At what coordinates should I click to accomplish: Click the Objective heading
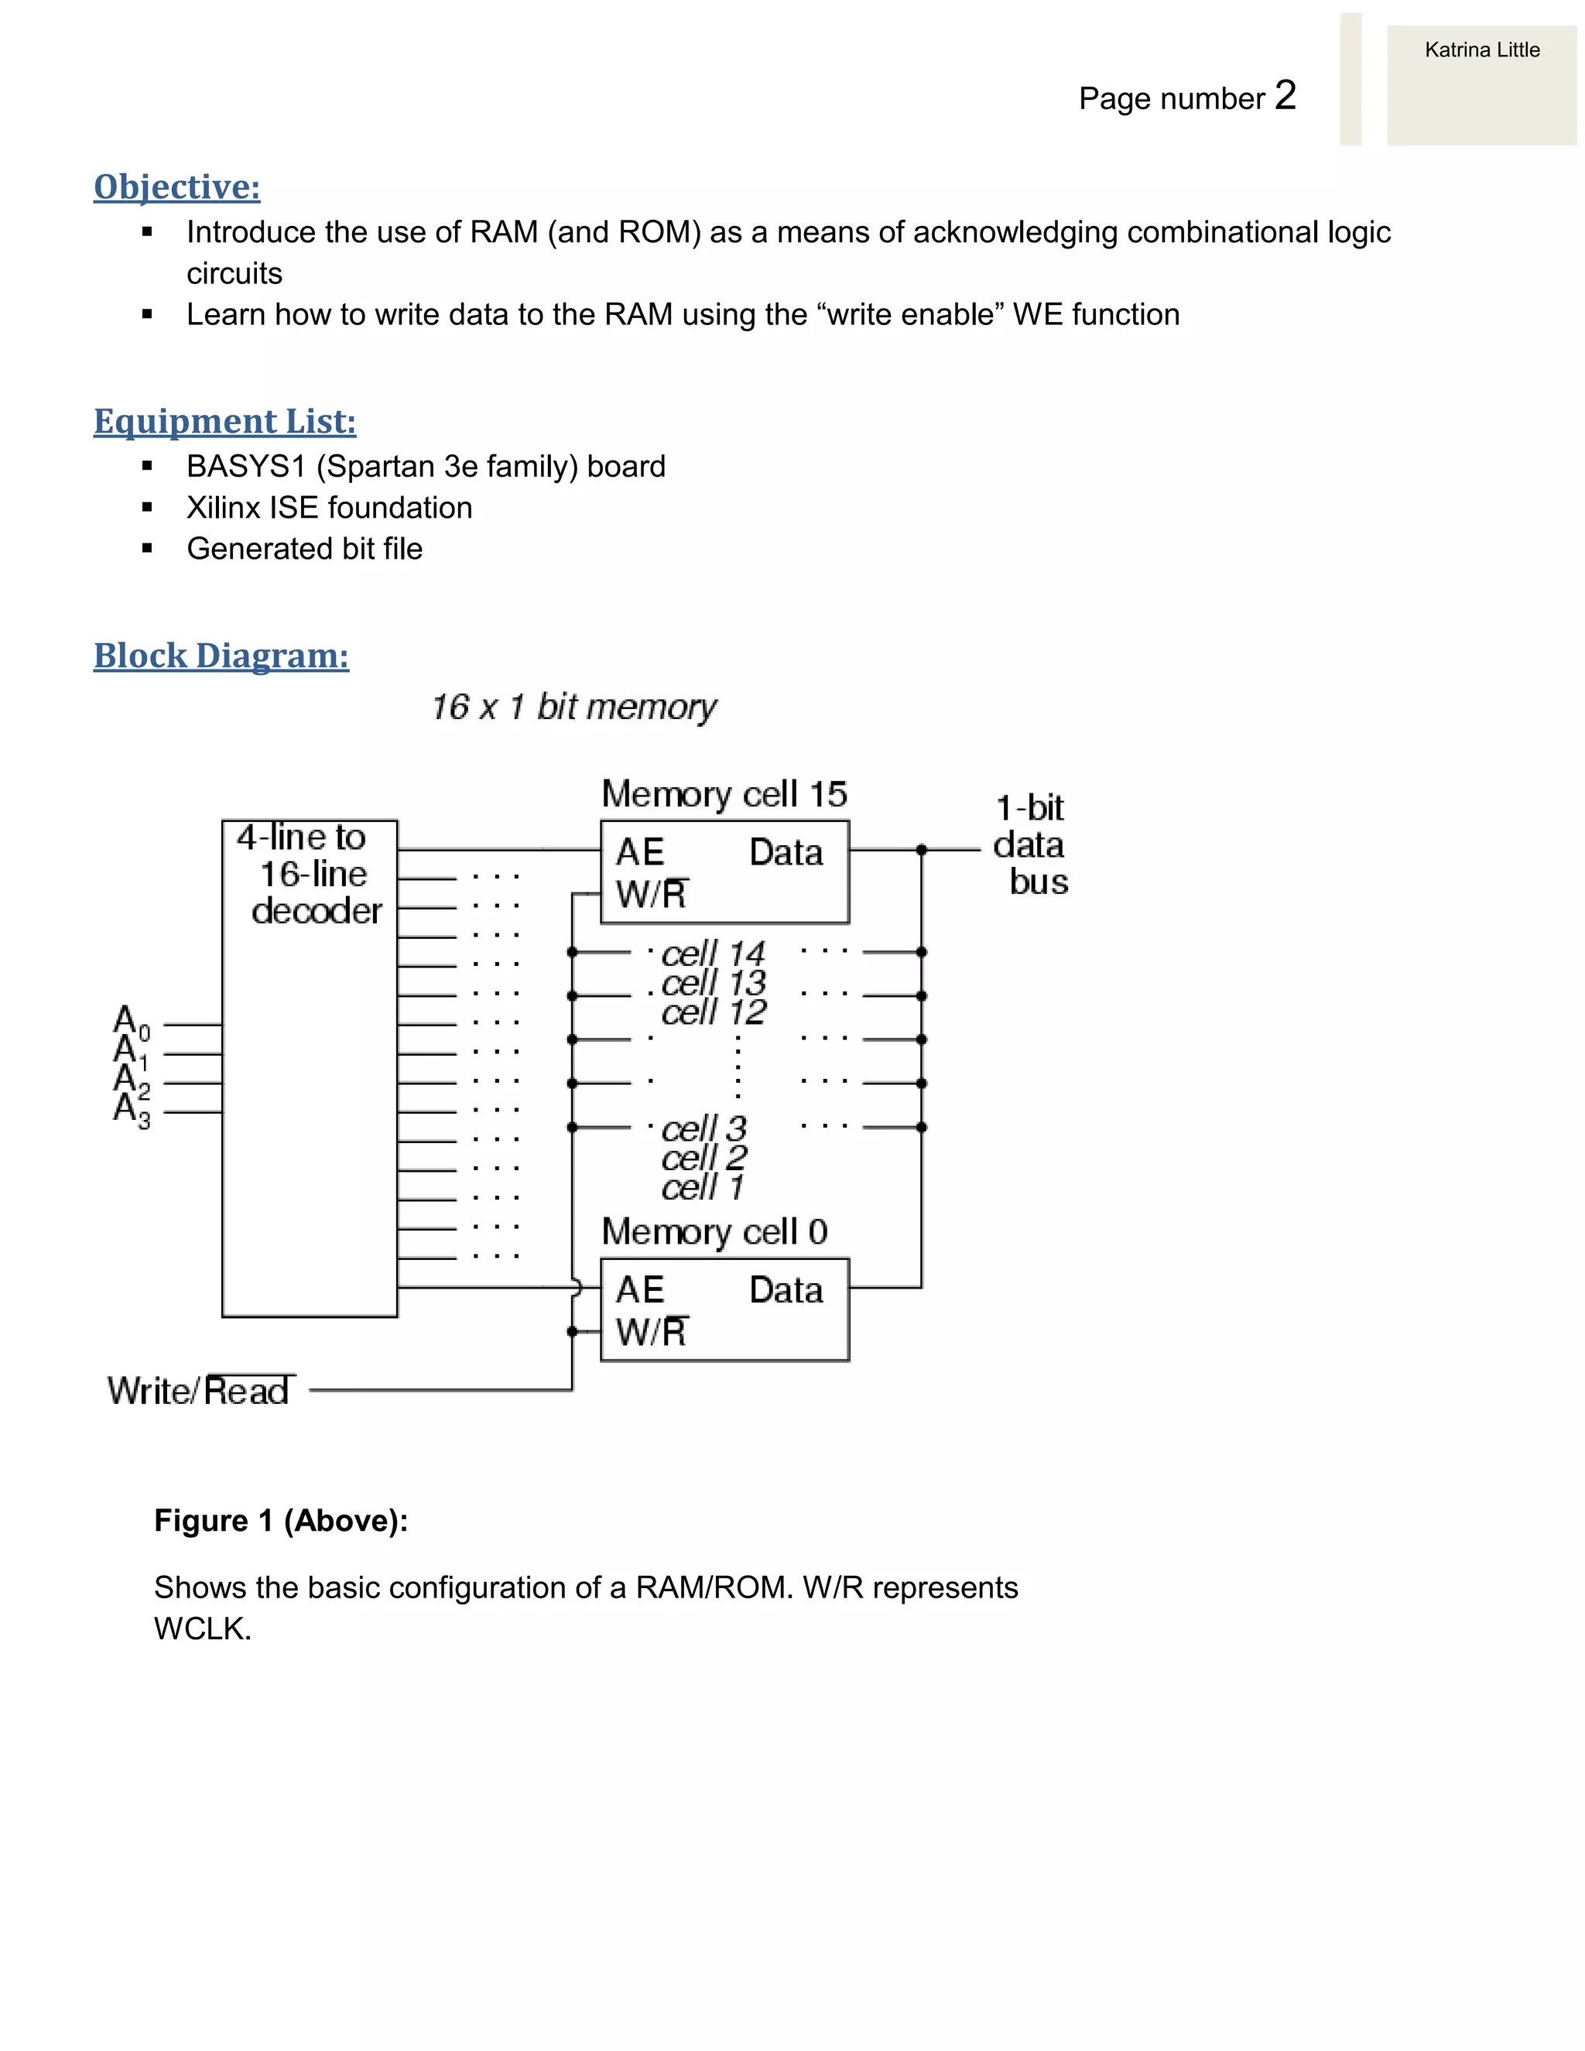coord(176,187)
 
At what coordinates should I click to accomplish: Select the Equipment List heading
coord(224,422)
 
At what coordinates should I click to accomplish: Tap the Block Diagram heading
coord(221,656)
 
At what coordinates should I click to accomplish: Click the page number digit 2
coord(1285,95)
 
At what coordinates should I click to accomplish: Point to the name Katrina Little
coord(1482,50)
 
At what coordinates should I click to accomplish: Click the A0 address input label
coord(131,1021)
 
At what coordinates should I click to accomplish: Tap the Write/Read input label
coord(199,1391)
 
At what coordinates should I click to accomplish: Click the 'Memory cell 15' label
coord(724,795)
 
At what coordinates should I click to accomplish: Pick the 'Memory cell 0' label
coord(714,1231)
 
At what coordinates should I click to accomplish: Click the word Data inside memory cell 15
coord(786,853)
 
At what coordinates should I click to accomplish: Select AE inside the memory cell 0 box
coord(639,1289)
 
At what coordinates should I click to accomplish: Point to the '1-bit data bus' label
coord(1030,845)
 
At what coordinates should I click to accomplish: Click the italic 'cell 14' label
coord(713,954)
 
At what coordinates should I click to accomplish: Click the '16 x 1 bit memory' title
coord(573,707)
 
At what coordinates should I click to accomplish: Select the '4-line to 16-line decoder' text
coord(310,873)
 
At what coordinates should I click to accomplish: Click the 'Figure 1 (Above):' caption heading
coord(281,1519)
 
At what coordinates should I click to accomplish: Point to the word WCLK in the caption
coord(201,1628)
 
